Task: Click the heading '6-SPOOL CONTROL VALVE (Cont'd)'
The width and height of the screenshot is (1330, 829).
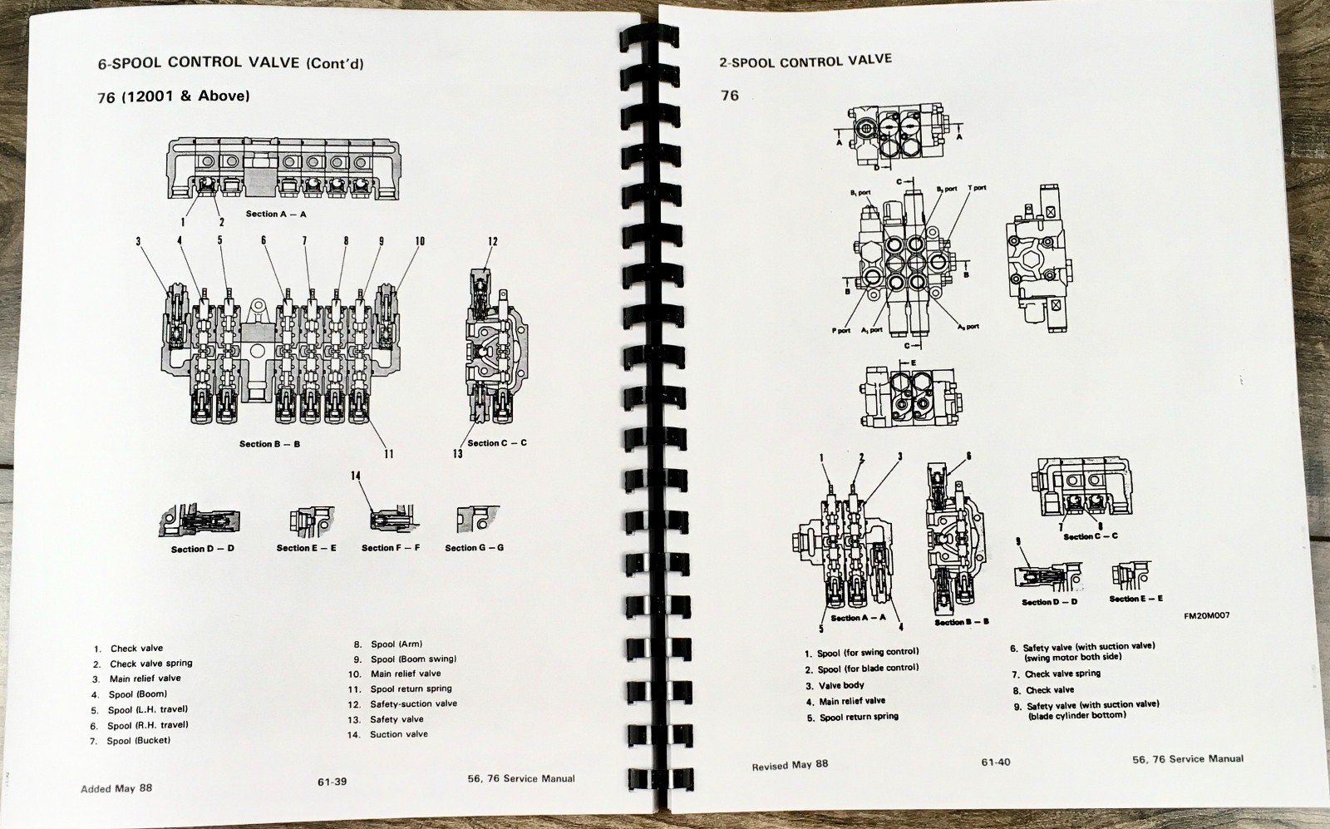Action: [x=230, y=62]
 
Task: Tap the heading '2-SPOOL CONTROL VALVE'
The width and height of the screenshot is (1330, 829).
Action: [x=805, y=61]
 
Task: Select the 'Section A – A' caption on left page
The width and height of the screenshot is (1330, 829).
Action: [x=276, y=214]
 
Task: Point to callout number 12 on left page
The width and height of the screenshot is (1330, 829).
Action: [x=493, y=242]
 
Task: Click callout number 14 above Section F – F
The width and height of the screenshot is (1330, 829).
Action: [x=356, y=476]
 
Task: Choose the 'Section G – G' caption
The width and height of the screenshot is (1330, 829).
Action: [x=474, y=547]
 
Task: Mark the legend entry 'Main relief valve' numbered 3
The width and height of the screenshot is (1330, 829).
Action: [x=145, y=678]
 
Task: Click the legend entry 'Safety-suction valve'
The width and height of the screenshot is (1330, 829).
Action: [x=413, y=703]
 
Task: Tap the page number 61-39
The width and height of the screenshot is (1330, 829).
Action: [x=332, y=781]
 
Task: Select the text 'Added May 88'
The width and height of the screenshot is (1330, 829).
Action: [x=116, y=788]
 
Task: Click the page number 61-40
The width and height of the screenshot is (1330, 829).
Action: [x=995, y=762]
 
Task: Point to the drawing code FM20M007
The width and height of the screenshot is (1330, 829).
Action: [x=1207, y=616]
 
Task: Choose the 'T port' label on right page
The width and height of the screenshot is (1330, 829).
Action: [x=977, y=188]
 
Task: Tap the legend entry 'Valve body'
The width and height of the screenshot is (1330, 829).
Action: [x=841, y=685]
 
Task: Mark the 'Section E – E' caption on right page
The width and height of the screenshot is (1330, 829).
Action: [x=1135, y=599]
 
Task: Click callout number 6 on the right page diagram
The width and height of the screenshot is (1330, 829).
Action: [x=968, y=456]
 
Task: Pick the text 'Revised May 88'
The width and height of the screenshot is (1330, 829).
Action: [x=790, y=765]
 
